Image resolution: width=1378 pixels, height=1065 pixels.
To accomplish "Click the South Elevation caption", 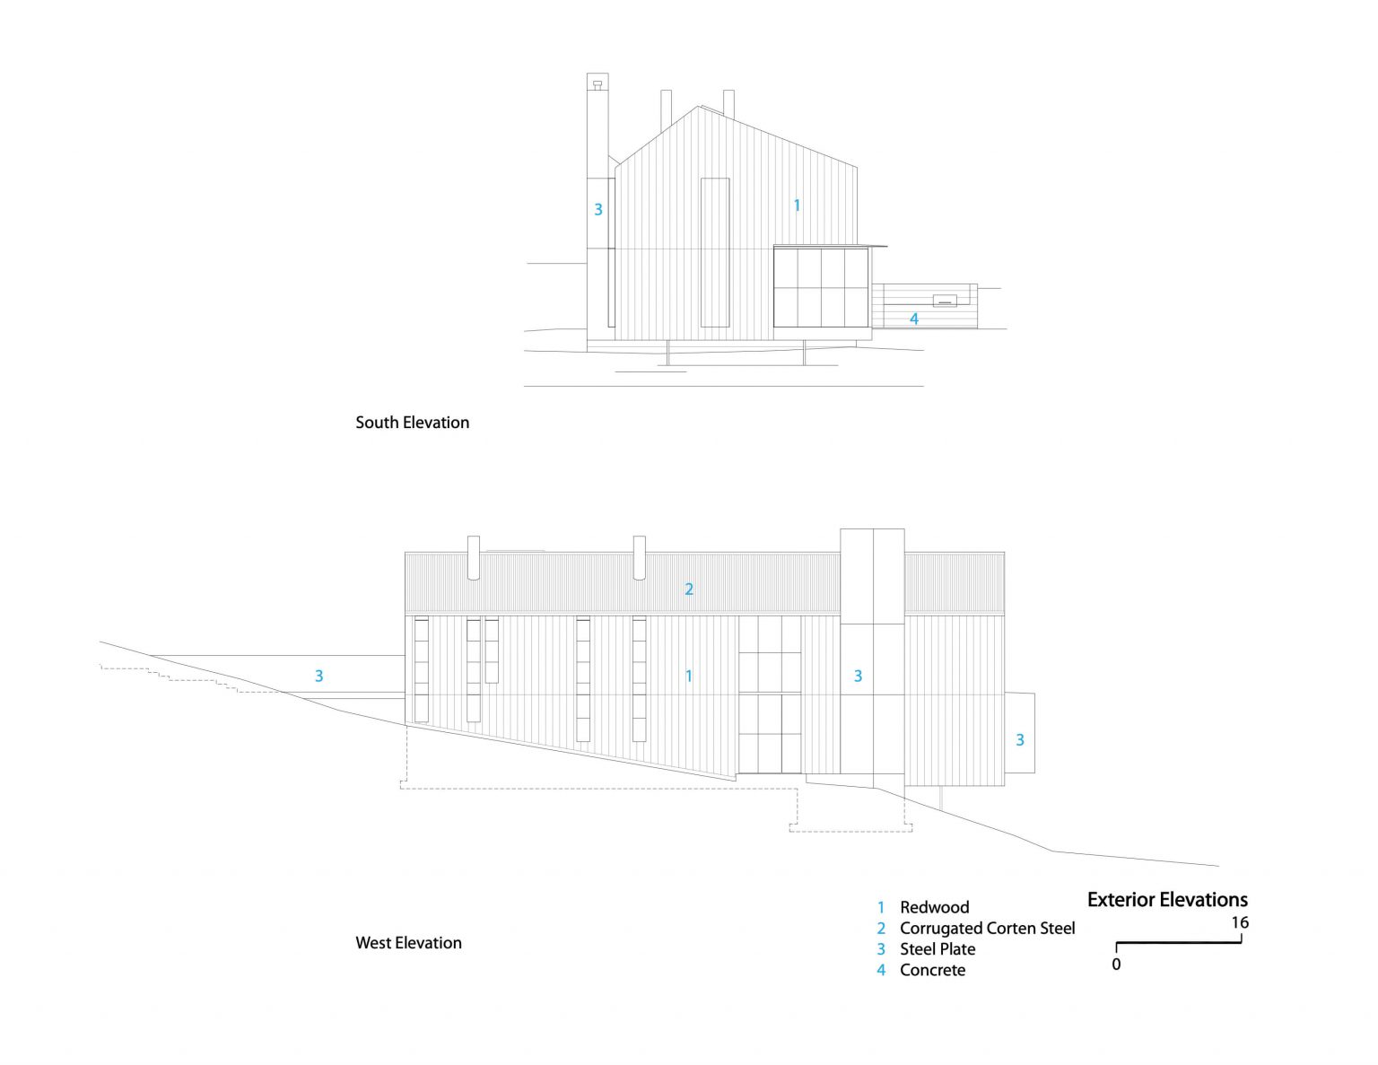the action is point(412,423).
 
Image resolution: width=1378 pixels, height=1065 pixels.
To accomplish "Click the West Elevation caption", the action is point(408,943).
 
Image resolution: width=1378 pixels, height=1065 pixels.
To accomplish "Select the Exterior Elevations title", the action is point(1167,900).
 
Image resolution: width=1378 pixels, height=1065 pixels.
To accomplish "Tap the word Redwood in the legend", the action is point(934,907).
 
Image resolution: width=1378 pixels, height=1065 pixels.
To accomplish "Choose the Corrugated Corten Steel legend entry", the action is point(988,928).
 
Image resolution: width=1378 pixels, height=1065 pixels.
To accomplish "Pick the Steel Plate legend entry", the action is point(938,949).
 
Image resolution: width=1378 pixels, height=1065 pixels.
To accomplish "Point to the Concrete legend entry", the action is point(932,970).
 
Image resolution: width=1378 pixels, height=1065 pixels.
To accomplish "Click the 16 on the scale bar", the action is point(1240,923).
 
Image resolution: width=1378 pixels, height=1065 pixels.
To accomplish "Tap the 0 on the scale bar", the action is point(1116,965).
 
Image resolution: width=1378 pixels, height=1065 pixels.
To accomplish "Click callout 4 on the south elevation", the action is point(914,319).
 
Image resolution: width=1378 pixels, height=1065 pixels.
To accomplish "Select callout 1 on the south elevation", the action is point(798,205).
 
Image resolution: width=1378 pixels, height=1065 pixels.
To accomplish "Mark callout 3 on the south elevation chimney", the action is point(598,209).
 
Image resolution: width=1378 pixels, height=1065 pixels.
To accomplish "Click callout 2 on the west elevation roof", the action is point(689,589).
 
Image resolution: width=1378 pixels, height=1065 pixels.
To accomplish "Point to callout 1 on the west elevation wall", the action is point(689,676).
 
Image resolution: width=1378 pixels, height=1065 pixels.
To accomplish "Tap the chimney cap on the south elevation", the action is point(597,84).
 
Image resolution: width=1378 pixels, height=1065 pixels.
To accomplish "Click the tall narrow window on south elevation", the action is point(715,252).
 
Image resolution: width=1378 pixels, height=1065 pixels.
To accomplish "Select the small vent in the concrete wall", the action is point(945,301).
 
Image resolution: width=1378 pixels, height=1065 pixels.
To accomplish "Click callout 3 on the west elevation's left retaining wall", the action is point(319,676).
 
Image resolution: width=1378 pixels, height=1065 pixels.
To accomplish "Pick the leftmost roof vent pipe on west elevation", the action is point(473,558).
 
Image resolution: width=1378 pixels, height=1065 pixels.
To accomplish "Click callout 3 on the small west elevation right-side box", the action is point(1020,739).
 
